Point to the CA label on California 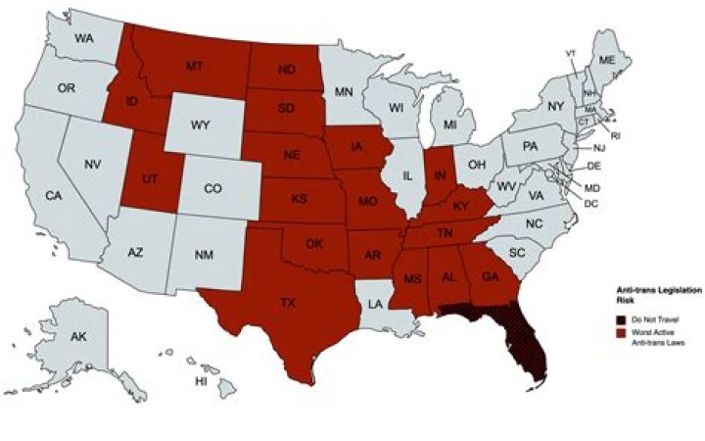[54, 197]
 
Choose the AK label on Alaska [78, 337]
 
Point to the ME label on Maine [607, 61]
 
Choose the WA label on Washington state [83, 38]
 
